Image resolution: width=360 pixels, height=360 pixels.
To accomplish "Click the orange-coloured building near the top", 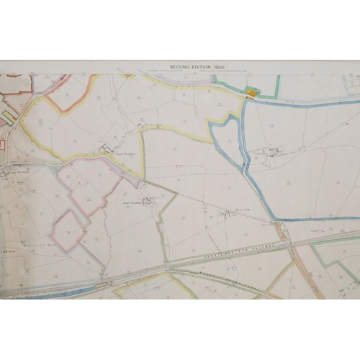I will coord(251,93).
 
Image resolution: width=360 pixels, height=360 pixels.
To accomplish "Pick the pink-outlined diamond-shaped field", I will coord(68,230).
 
